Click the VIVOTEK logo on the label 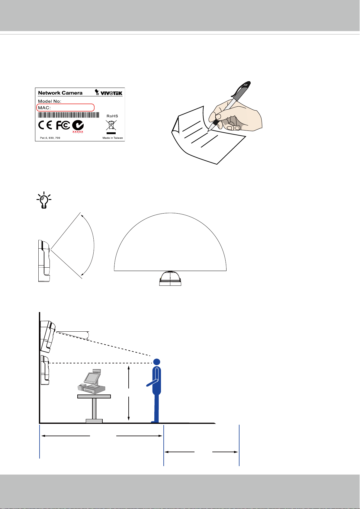[108, 92]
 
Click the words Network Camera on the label [60, 93]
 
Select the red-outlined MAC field [66, 108]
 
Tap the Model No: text [50, 101]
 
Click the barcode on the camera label [69, 115]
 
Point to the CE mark [45, 125]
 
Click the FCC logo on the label [63, 125]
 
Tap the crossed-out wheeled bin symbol [111, 125]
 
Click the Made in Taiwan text [113, 138]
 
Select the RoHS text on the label [112, 116]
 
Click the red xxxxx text [78, 132]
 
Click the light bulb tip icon [44, 200]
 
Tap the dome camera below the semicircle [170, 278]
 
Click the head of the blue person [157, 362]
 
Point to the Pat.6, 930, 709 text [50, 138]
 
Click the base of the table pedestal [94, 421]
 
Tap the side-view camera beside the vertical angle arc [44, 261]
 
